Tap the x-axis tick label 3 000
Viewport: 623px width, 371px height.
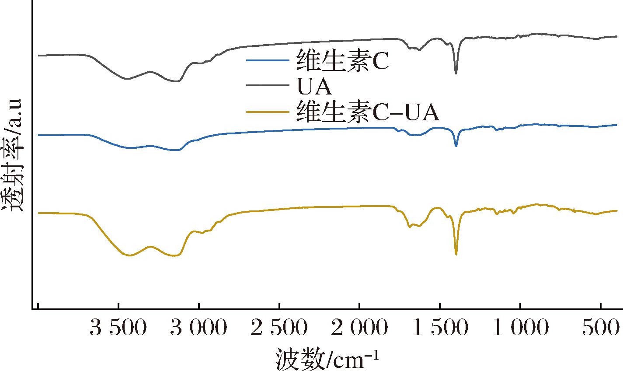198,328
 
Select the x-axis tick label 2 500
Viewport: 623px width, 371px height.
279,328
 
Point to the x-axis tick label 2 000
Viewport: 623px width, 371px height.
359,328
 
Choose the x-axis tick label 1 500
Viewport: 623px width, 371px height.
440,328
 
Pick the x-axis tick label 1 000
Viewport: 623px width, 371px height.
520,328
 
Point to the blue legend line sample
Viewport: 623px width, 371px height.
268,60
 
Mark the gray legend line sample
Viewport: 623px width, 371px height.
268,86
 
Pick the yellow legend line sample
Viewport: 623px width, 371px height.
268,112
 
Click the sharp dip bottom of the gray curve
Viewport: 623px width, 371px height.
456,73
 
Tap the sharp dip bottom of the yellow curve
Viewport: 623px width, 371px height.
456,254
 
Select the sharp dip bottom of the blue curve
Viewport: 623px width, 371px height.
456,146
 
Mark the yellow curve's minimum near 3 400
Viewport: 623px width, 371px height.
129,255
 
